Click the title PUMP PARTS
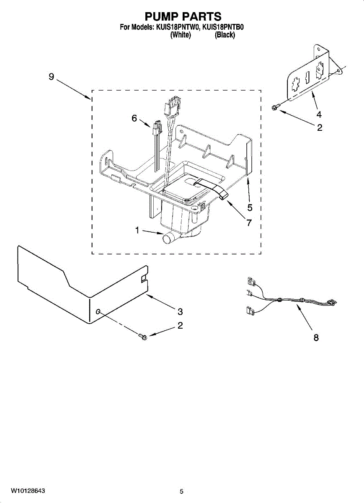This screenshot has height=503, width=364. (183, 16)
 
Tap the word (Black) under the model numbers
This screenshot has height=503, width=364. (225, 35)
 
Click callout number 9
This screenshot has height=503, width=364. (51, 77)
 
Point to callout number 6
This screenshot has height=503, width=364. (134, 119)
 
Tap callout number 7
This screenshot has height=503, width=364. (249, 223)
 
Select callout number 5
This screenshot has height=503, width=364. (250, 207)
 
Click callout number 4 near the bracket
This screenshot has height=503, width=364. (319, 114)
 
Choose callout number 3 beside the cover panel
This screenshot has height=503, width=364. (180, 311)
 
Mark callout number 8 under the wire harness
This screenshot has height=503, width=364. (316, 337)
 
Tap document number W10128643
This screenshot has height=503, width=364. (28, 490)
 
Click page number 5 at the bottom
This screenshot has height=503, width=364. (181, 491)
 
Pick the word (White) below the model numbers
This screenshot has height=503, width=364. (181, 35)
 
